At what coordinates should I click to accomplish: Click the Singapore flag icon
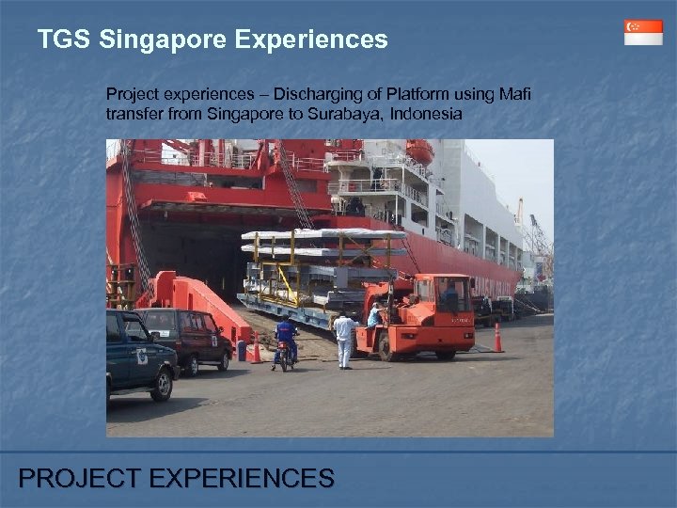[x=643, y=32]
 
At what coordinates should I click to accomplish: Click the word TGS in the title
[x=64, y=40]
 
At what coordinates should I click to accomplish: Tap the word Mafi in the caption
[x=514, y=94]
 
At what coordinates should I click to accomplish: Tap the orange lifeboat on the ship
[x=419, y=151]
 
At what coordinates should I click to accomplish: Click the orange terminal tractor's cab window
[x=451, y=295]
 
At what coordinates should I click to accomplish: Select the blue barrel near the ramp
[x=242, y=351]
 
